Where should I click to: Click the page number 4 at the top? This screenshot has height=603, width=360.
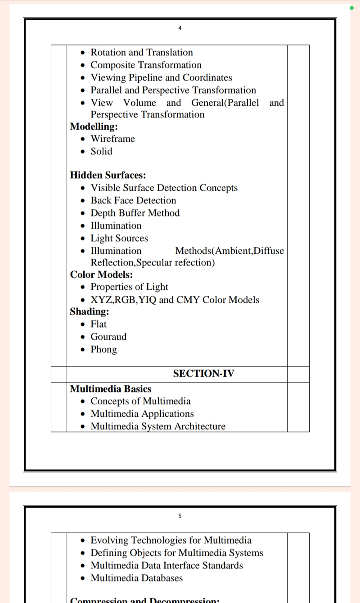[180, 28]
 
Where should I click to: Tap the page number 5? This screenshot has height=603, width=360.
[180, 516]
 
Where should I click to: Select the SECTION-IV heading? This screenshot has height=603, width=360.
[203, 373]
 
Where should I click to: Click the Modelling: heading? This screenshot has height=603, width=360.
[94, 126]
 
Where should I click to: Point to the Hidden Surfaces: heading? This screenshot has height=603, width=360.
[108, 175]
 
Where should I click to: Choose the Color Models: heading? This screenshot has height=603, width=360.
[101, 274]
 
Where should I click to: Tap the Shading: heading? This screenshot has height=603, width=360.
[90, 311]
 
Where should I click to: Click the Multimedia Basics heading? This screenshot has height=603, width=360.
[111, 389]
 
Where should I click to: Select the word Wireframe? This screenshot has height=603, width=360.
[112, 139]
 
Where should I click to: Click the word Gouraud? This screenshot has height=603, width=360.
[108, 337]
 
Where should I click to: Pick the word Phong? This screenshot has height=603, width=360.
[103, 349]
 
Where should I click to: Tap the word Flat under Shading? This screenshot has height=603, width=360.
[99, 324]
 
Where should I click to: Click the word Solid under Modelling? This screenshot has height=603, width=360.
[101, 151]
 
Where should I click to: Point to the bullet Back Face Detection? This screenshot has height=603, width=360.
[133, 200]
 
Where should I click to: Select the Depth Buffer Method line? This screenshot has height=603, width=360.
[135, 213]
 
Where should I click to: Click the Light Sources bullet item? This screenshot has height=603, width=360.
[119, 238]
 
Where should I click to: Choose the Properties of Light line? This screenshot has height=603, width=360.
[129, 287]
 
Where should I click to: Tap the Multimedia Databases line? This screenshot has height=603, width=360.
[137, 578]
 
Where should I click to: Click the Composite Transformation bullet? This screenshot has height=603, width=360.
[146, 65]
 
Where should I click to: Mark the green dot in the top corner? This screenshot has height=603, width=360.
[351, 8]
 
